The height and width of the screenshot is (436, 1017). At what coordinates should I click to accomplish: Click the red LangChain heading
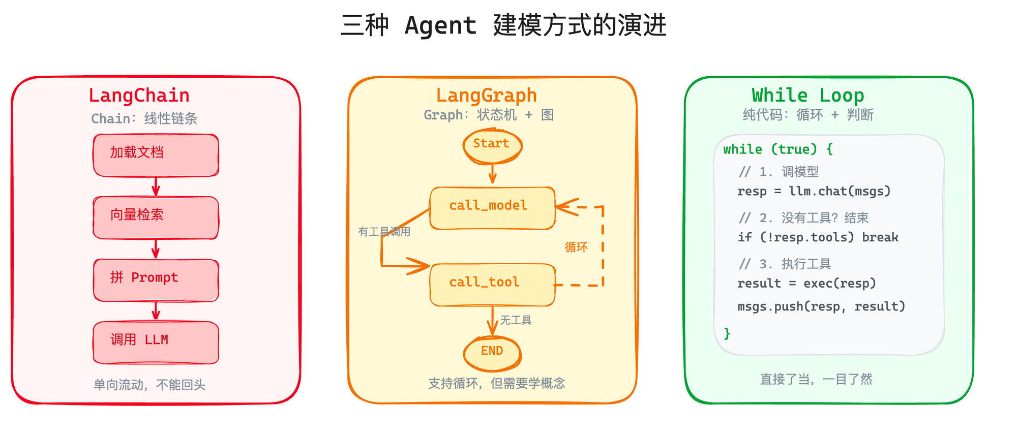[139, 96]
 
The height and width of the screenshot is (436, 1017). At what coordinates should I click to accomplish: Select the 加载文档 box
[156, 155]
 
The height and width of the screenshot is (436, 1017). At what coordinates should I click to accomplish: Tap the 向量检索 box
[156, 217]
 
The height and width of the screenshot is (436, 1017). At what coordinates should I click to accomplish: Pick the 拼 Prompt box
[156, 280]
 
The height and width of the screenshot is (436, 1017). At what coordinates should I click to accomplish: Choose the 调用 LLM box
[156, 342]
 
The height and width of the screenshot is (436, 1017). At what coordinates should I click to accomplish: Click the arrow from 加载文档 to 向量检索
[156, 186]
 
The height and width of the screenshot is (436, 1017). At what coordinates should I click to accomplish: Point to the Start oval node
[492, 145]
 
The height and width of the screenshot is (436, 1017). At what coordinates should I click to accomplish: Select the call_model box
[492, 208]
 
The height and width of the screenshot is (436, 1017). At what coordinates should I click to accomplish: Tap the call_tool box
[492, 285]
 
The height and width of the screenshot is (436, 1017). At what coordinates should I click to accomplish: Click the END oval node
[492, 353]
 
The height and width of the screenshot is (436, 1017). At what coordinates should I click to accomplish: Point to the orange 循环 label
[576, 247]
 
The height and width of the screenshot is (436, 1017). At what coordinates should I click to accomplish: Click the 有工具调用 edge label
[384, 232]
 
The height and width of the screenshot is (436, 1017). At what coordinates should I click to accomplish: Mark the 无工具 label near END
[516, 320]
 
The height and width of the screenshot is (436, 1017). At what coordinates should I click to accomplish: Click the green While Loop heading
[807, 96]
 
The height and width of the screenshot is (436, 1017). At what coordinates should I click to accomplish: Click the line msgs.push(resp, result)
[821, 306]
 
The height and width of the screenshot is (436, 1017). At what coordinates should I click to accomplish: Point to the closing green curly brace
[727, 333]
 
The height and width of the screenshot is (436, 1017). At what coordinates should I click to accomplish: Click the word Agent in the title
[440, 25]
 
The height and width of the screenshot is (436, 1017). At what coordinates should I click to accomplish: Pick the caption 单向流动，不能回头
[149, 385]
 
